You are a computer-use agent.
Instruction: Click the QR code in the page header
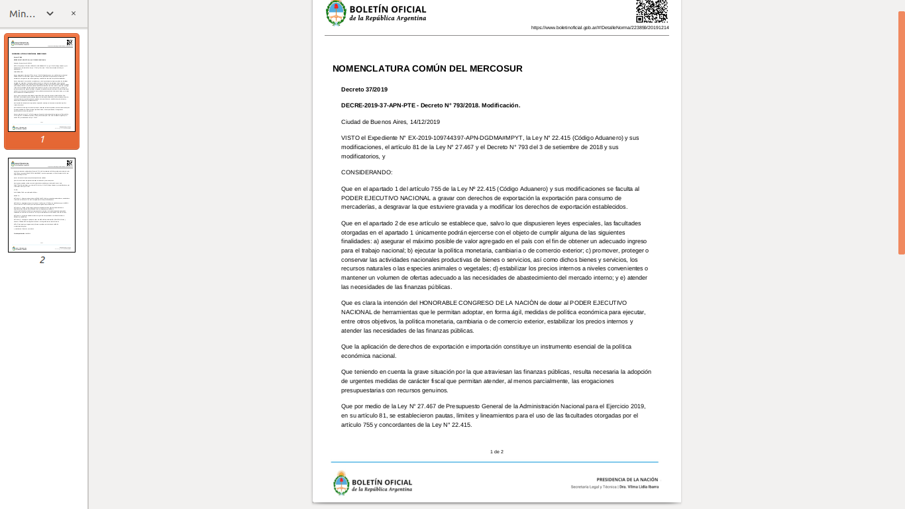click(x=651, y=11)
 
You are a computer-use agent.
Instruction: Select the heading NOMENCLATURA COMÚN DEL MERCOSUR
click(x=427, y=68)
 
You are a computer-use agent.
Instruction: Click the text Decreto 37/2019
click(x=364, y=89)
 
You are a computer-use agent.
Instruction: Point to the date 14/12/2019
click(x=425, y=122)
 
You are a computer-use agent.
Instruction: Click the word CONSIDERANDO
click(x=366, y=172)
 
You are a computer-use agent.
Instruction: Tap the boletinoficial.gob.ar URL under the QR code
click(x=600, y=28)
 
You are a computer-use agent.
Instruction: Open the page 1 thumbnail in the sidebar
click(x=42, y=85)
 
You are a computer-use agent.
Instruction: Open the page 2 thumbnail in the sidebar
click(x=42, y=205)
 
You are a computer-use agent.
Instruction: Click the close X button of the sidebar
click(x=74, y=13)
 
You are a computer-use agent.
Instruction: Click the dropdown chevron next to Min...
click(x=50, y=13)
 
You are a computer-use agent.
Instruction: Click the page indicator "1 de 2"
click(x=497, y=452)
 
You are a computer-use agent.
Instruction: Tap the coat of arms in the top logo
click(x=336, y=13)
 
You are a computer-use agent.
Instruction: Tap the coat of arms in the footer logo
click(x=341, y=483)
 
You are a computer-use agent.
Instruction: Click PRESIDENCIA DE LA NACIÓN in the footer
click(x=627, y=479)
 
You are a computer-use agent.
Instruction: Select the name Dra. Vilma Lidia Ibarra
click(x=639, y=486)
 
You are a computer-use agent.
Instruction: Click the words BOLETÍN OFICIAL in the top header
click(x=388, y=9)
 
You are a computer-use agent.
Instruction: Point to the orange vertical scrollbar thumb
click(x=901, y=133)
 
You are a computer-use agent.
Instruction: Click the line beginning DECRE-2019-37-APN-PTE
click(x=431, y=105)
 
